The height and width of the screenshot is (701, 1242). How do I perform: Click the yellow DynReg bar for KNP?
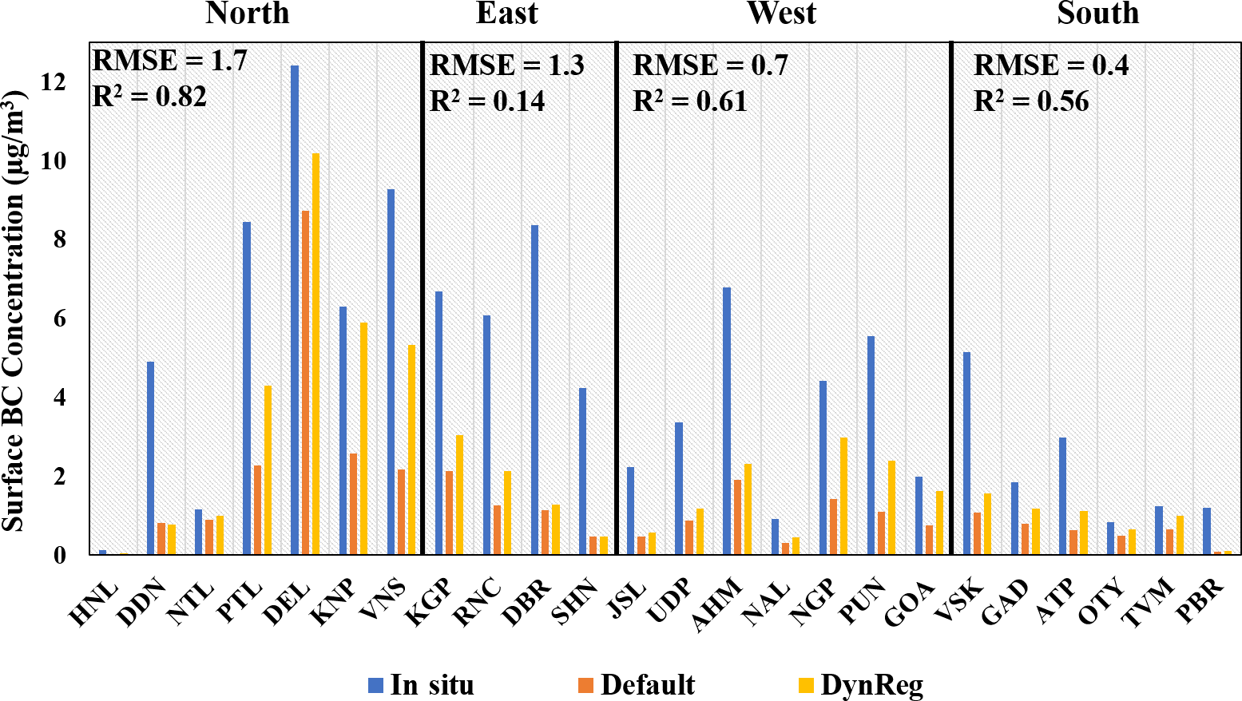(363, 438)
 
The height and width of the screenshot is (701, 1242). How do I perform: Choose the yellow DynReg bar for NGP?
(843, 496)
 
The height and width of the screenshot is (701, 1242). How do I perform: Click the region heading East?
(506, 14)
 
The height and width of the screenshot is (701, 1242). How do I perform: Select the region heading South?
(1097, 14)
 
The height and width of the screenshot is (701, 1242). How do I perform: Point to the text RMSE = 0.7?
(710, 65)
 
